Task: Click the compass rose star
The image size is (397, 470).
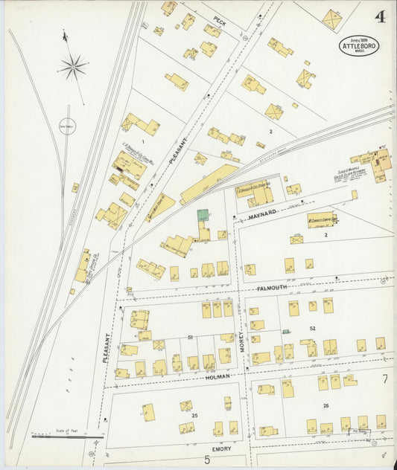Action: [x=73, y=68]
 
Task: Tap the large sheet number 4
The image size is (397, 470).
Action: [x=380, y=16]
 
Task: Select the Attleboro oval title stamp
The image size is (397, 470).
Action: [x=359, y=45]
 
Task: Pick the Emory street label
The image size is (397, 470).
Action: [x=222, y=448]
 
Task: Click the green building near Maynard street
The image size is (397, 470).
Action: [x=203, y=216]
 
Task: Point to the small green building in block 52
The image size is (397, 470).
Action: [x=286, y=331]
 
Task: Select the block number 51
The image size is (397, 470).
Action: [x=190, y=338]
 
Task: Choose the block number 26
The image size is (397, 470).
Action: [x=325, y=405]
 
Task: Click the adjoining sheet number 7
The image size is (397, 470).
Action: [x=385, y=379]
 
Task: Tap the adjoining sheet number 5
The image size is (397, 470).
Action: [x=207, y=460]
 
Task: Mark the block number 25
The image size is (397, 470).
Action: [x=195, y=414]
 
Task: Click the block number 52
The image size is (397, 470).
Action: [x=313, y=328]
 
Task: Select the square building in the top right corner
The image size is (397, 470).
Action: [x=331, y=19]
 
